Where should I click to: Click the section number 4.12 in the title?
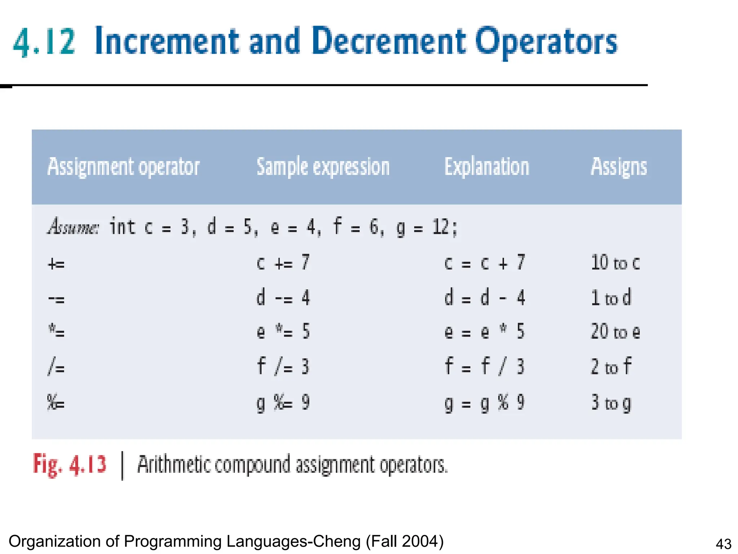(x=44, y=42)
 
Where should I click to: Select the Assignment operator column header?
(x=124, y=167)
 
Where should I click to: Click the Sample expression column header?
(x=323, y=167)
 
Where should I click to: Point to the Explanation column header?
(x=486, y=167)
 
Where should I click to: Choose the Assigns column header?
(x=619, y=167)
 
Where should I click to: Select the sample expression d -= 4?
(x=283, y=298)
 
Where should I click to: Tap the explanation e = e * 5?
(x=484, y=331)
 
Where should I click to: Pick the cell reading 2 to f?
(x=611, y=366)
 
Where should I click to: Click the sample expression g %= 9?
(x=283, y=403)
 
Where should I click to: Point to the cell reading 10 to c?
(x=615, y=263)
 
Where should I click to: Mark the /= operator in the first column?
(x=56, y=367)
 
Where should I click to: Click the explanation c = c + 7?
(x=484, y=263)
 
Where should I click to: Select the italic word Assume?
(x=73, y=227)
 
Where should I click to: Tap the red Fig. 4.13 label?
(x=70, y=465)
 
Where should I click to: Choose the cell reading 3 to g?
(x=611, y=403)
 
